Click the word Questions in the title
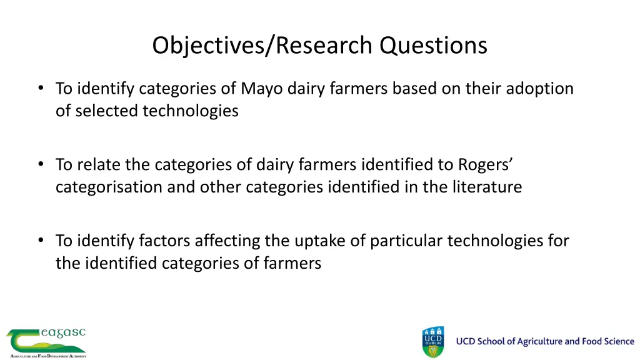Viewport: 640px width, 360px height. click(434, 46)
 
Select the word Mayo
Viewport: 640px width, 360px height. click(262, 89)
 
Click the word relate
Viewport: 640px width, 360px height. click(99, 164)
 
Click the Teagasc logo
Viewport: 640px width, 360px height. click(46, 342)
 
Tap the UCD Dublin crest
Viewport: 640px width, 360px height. click(433, 342)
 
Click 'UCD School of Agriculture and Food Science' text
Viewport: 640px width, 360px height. click(544, 341)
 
